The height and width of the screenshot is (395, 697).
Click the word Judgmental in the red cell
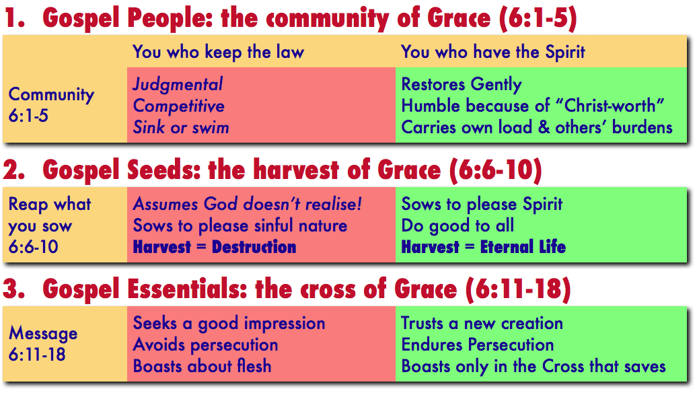tap(178, 85)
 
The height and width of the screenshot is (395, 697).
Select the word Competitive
tap(179, 106)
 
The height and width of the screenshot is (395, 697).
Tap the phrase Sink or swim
tap(181, 128)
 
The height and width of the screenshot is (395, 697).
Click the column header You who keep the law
tap(218, 52)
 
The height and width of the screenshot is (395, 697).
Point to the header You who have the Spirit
tap(493, 52)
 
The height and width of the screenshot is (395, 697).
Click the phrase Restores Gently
tap(462, 85)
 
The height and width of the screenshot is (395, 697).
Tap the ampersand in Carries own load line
tap(544, 128)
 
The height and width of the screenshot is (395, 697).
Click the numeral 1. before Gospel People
tap(15, 18)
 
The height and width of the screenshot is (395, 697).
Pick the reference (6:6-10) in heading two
tap(496, 170)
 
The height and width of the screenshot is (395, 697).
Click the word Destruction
tap(254, 247)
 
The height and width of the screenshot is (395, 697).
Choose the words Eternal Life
tap(523, 247)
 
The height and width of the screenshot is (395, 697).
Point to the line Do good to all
tap(458, 225)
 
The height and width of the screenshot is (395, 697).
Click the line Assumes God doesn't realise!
tap(247, 204)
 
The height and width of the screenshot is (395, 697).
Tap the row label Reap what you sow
tap(50, 225)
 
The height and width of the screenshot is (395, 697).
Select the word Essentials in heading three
tap(187, 289)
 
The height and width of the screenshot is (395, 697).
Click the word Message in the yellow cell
tap(43, 333)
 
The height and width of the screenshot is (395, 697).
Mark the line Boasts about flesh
tap(202, 366)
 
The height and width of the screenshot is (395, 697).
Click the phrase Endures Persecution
tap(478, 345)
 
